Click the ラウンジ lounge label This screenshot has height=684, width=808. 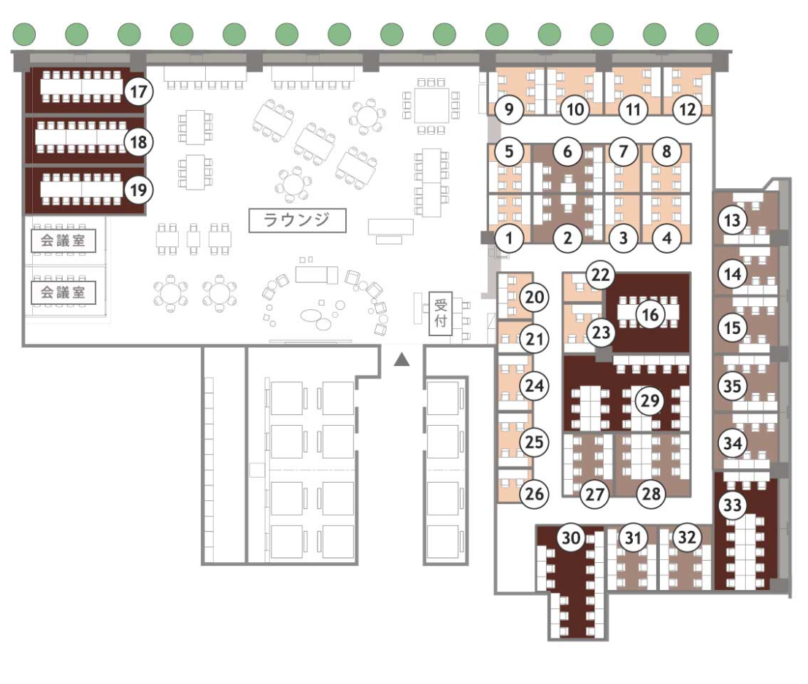coord(297,220)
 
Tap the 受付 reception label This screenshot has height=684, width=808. coord(441,313)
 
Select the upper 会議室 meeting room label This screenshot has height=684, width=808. coord(64,241)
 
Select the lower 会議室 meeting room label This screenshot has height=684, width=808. coord(64,292)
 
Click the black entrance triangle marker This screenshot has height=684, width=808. coord(402,360)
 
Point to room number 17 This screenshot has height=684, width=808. coord(139,92)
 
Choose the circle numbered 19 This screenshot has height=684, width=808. coord(139,190)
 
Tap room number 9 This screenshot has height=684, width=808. coord(509,109)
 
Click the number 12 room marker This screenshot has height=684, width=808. coord(688,109)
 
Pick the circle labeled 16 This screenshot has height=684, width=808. coord(650,314)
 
